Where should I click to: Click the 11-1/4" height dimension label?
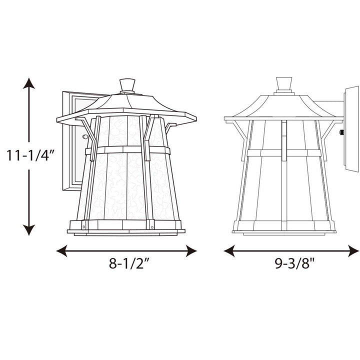point(30,155)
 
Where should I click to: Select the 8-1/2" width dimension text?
point(129,263)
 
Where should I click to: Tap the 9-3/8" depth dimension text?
point(294,263)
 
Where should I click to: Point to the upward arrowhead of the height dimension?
point(29,83)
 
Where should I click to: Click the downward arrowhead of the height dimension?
point(29,230)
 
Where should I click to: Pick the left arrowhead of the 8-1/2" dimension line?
point(61,250)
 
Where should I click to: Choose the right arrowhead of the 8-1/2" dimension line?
point(191,250)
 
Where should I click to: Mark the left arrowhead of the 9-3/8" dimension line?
point(229,250)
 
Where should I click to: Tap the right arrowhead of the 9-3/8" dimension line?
point(353,250)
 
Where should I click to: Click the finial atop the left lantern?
point(127,86)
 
